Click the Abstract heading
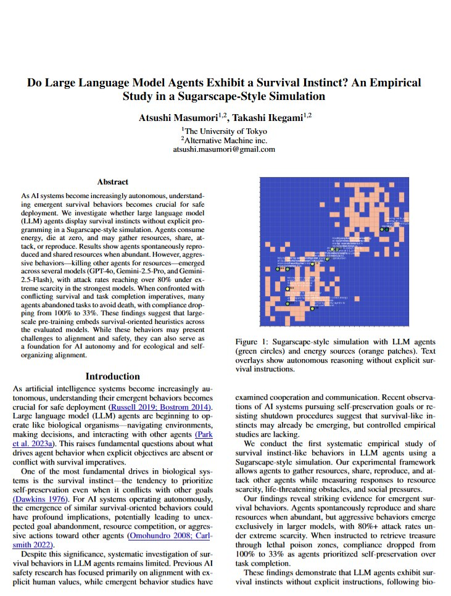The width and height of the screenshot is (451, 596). (x=112, y=182)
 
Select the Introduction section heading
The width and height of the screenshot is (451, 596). (x=112, y=376)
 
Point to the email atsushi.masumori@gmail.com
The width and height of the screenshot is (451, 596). (x=224, y=149)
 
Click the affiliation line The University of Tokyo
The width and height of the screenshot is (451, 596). (x=225, y=131)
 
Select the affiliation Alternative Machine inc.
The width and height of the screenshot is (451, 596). (x=224, y=140)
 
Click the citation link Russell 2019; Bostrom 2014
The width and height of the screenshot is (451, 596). (x=159, y=408)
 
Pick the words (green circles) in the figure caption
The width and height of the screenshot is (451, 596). (x=261, y=351)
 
